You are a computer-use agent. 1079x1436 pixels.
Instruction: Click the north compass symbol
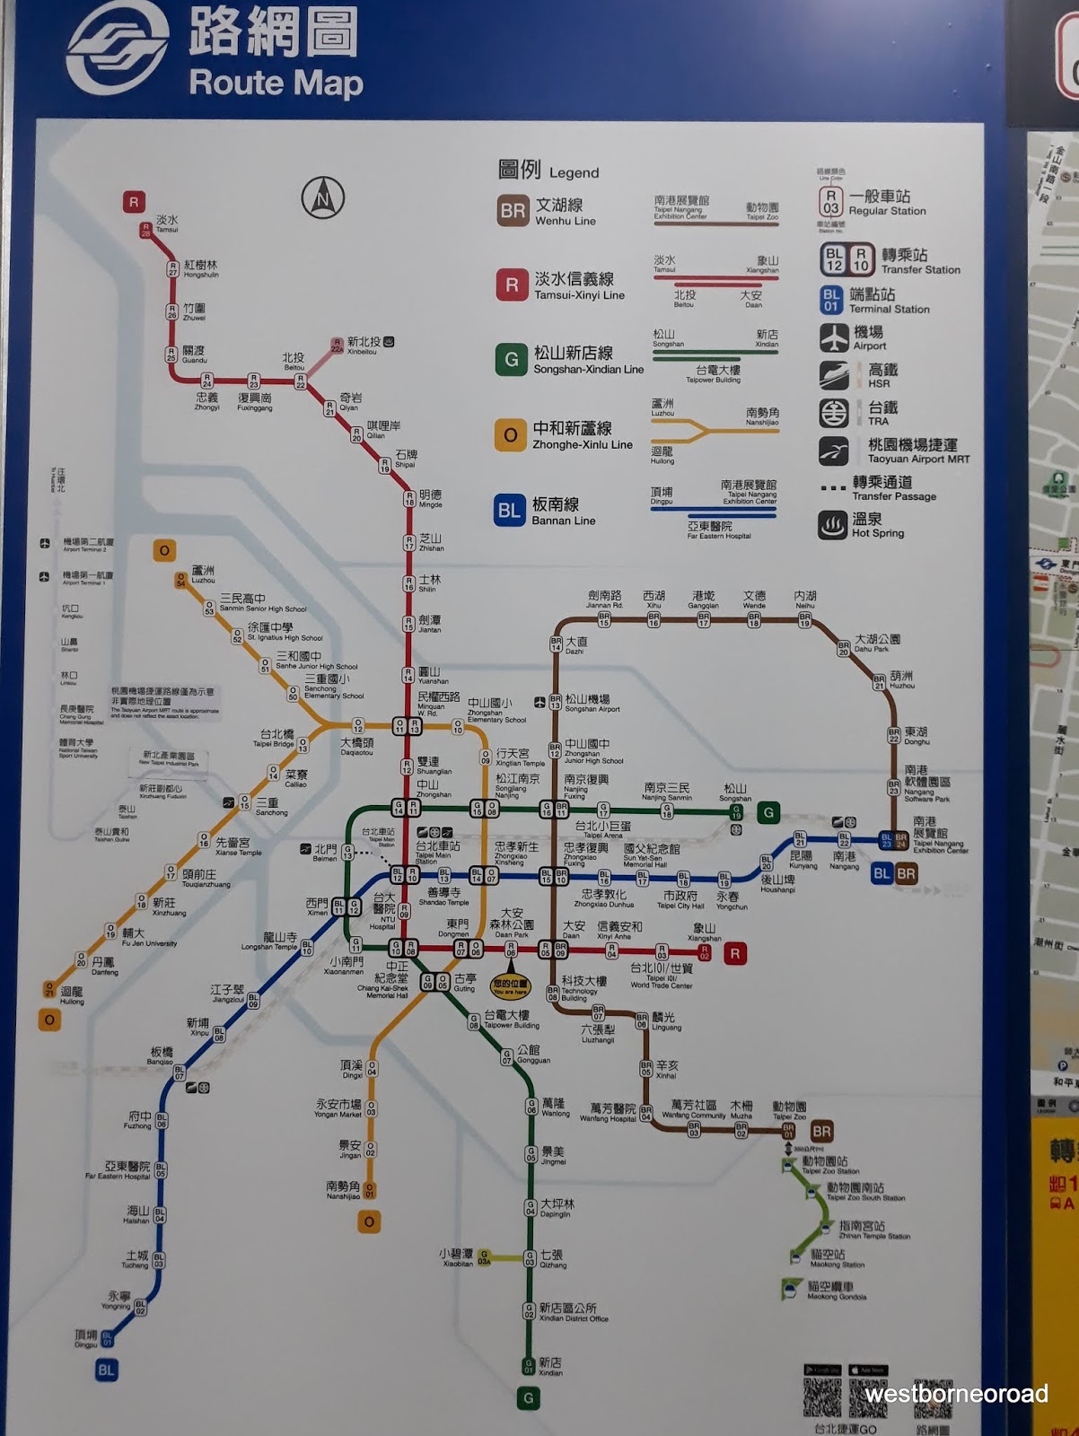[322, 197]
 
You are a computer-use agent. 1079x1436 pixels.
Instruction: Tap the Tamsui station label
[167, 223]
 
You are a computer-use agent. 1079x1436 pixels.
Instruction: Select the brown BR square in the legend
[513, 211]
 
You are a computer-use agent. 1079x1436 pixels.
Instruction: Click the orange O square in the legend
[510, 435]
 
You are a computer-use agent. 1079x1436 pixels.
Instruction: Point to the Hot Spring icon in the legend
[832, 525]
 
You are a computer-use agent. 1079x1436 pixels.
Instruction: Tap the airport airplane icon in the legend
[833, 338]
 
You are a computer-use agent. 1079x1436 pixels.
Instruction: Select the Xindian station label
[550, 1367]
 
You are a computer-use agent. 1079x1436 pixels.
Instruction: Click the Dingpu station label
[86, 1338]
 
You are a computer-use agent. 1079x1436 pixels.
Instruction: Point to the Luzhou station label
[203, 574]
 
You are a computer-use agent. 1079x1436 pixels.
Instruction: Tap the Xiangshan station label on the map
[705, 933]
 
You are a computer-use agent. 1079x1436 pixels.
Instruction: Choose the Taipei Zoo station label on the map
[789, 1110]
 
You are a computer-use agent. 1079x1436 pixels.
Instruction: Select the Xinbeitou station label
[364, 346]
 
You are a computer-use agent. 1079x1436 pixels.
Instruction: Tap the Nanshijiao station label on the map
[343, 1190]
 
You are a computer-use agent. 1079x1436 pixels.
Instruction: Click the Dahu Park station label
[876, 643]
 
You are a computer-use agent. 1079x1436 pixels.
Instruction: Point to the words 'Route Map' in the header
[276, 83]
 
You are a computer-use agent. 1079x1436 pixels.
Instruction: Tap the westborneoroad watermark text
[957, 1393]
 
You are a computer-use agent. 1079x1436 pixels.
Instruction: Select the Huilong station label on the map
[72, 995]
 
